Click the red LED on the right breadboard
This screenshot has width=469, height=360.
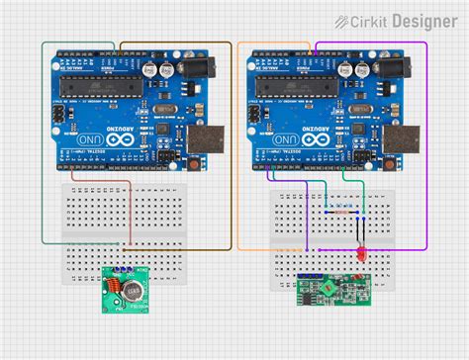pyautogui.click(x=362, y=256)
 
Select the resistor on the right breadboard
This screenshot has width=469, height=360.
pyautogui.click(x=341, y=212)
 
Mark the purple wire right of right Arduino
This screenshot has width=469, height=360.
pyautogui.click(x=426, y=148)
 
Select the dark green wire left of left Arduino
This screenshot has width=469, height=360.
pyautogui.click(x=42, y=148)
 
